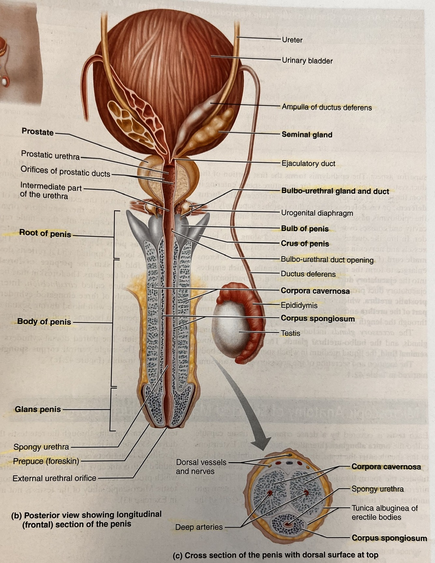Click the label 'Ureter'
coord(292,40)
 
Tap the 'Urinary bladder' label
coord(307,61)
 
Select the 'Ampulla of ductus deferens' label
coord(326,107)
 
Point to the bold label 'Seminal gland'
coord(307,134)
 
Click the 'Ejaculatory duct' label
coord(308,164)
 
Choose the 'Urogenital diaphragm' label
coord(317,213)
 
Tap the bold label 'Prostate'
coord(37,132)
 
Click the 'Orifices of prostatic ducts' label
coord(65,171)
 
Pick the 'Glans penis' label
coord(38,409)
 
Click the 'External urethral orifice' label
coord(54,478)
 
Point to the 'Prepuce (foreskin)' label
coord(46,461)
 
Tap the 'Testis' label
coord(290,333)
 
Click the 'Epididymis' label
coord(299,305)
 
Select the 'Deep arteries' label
coord(199,527)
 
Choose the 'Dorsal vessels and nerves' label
coord(201,467)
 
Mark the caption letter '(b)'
coord(16,515)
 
